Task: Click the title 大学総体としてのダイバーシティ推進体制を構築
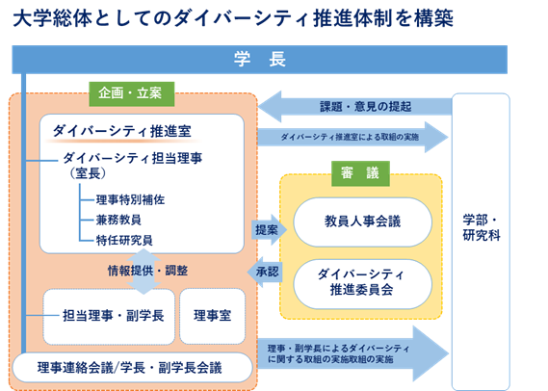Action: pos(235,17)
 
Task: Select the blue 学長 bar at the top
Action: pos(259,59)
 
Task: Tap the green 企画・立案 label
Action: pos(130,93)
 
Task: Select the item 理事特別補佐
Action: pos(135,200)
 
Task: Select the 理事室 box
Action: pos(212,315)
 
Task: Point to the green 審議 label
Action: pos(360,171)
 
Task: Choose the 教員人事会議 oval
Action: pos(362,222)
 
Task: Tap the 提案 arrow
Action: pos(266,230)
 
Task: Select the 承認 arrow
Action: pos(266,273)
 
